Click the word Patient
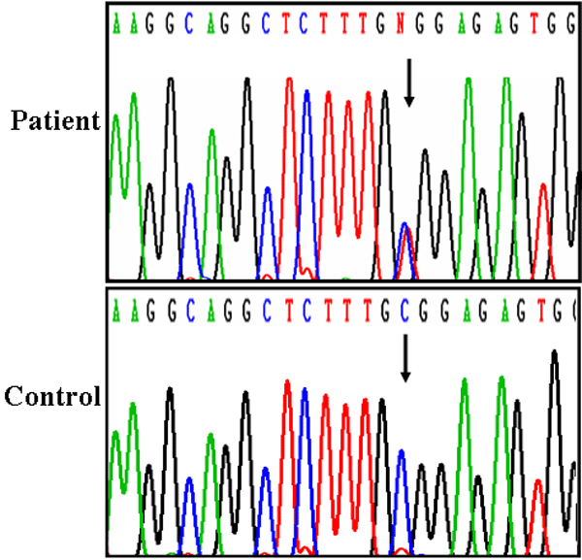55,121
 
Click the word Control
53,396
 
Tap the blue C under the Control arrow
401,312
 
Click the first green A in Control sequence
116,312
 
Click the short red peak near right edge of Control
536,495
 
